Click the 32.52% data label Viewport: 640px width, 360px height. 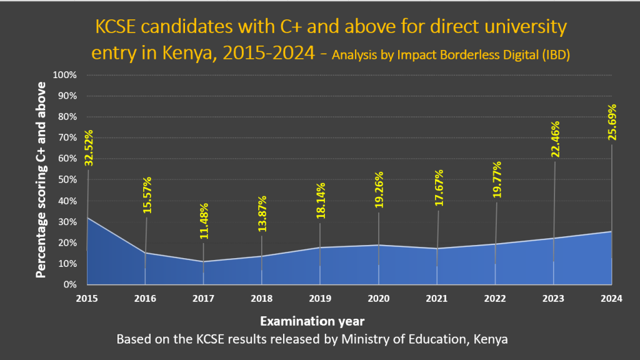(x=89, y=147)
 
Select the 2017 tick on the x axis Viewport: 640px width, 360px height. (x=204, y=298)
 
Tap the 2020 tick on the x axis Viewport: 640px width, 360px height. (x=379, y=298)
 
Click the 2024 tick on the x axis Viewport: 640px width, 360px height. (x=612, y=298)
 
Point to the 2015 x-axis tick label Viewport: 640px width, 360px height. (x=87, y=298)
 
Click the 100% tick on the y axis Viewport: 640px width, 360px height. (x=64, y=75)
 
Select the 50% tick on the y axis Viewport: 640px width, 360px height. (x=67, y=180)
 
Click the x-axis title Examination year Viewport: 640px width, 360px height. (x=312, y=321)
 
